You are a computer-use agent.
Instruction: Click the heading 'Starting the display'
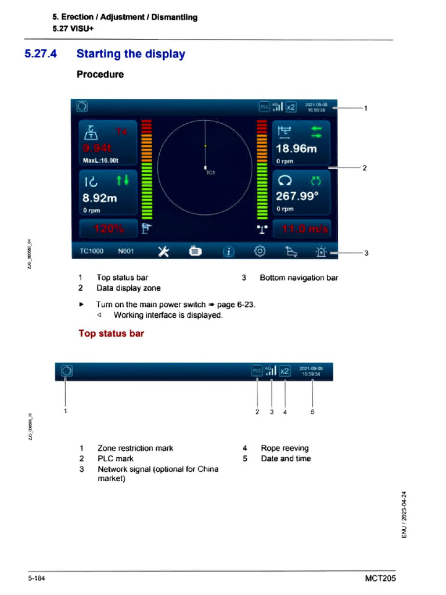pos(131,54)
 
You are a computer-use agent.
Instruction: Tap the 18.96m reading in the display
pos(296,149)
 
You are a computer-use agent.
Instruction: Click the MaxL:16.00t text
pos(100,160)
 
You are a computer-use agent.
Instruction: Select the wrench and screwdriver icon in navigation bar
pos(164,252)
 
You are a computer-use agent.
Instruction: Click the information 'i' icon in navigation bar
pos(229,252)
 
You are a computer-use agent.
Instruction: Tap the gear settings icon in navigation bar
pos(260,252)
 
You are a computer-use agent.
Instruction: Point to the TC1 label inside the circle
pos(210,173)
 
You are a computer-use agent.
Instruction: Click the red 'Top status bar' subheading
pos(111,334)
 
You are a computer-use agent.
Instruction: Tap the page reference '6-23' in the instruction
pos(246,304)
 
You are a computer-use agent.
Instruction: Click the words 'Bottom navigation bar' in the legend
pos(298,278)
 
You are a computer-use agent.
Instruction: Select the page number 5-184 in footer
pos(35,579)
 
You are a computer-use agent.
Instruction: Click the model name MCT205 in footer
pos(380,579)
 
